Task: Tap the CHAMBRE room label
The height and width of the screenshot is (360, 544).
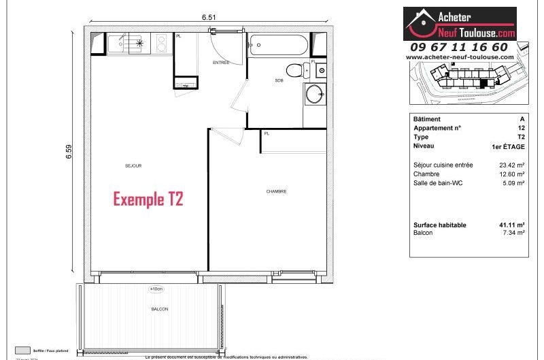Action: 276,191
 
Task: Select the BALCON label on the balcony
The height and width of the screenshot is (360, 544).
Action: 160,309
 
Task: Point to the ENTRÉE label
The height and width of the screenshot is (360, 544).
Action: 220,63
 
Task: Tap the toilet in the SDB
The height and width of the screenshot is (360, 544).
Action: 294,69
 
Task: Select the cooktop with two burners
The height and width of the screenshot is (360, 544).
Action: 162,44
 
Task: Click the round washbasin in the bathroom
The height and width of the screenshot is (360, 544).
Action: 314,94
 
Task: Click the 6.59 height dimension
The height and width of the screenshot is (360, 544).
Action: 69,153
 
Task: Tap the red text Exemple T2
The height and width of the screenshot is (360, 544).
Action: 148,199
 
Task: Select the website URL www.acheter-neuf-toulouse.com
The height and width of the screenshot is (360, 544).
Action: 460,57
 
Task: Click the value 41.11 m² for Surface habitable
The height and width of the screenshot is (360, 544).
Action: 511,225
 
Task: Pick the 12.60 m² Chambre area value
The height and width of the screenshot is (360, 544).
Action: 511,174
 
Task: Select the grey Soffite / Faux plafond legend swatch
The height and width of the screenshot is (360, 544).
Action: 23,350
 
